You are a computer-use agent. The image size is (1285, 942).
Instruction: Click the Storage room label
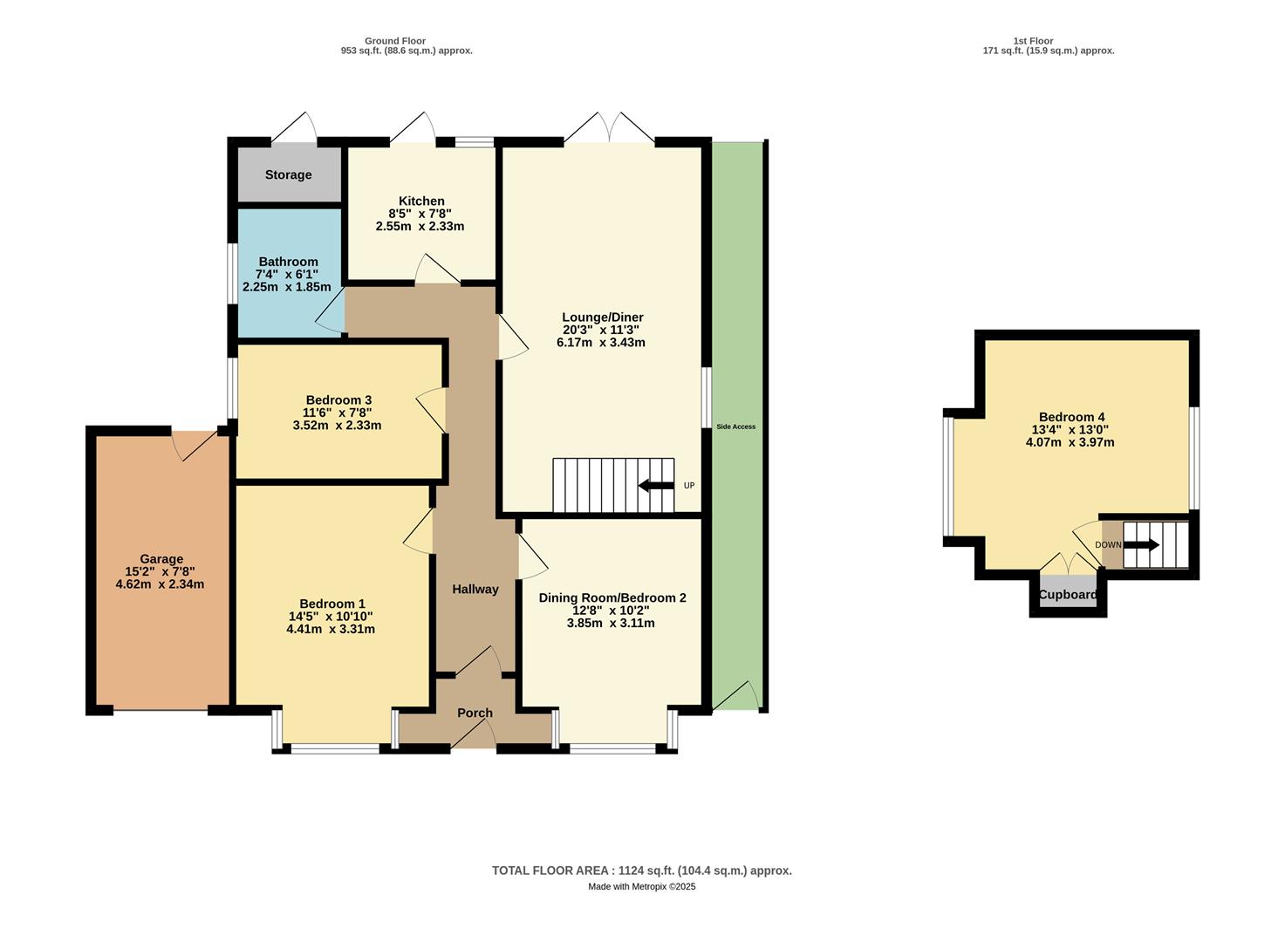click(288, 175)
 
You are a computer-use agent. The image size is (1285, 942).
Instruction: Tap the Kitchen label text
click(421, 201)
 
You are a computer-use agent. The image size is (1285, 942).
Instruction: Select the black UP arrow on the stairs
click(656, 486)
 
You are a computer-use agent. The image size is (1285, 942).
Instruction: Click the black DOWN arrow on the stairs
click(1141, 545)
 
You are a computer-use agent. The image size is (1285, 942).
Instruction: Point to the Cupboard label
click(1068, 595)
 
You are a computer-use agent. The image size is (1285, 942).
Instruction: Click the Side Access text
click(735, 427)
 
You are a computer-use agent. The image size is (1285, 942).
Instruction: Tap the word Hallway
click(475, 590)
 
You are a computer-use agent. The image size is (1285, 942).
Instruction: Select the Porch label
click(475, 713)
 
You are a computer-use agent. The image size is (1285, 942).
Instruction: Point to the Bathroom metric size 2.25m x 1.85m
click(286, 287)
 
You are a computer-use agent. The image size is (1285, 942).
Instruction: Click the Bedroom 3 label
click(338, 400)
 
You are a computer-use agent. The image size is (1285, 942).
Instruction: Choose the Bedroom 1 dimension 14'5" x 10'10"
click(331, 616)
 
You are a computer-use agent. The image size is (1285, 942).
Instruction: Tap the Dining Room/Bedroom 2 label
click(612, 597)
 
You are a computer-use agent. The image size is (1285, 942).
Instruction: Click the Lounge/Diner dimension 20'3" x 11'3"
click(601, 330)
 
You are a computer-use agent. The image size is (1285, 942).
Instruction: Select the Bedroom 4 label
click(1071, 417)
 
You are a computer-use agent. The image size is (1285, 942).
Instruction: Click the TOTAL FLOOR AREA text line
click(641, 870)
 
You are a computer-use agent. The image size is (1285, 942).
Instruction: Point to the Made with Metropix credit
click(641, 886)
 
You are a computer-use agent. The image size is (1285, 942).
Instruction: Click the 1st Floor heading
click(1033, 41)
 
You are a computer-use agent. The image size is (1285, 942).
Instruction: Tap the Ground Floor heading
click(394, 41)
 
